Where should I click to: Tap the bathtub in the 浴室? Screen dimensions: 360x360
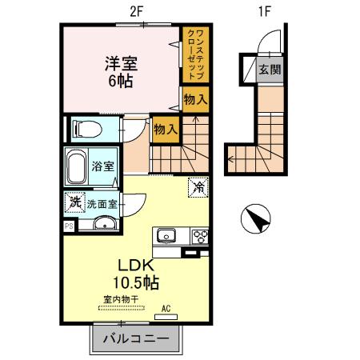77,166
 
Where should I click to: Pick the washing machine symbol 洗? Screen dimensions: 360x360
74,203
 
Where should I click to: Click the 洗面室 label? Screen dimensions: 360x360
102,203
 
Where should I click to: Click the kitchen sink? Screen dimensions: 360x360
166,235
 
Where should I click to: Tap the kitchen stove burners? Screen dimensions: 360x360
198,235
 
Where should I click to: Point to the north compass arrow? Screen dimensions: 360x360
256,218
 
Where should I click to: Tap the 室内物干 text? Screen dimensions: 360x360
120,299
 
